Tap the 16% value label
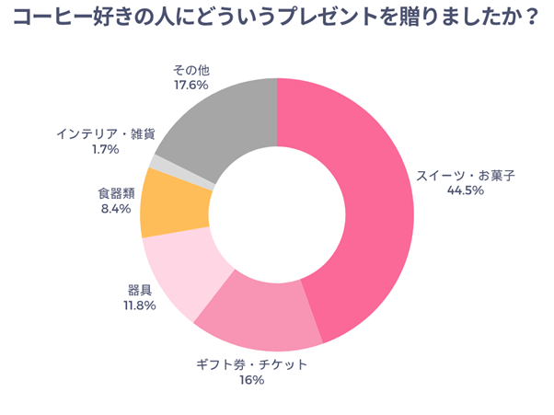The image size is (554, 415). tap(250, 379)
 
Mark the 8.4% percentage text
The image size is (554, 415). tap(115, 209)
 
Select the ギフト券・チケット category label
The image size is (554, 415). tap(251, 363)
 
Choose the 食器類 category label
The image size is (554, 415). tap(116, 193)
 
